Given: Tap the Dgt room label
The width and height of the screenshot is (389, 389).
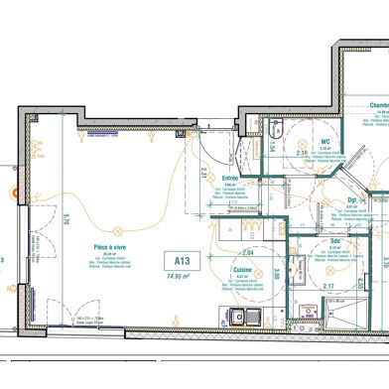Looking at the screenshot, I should [x=351, y=200].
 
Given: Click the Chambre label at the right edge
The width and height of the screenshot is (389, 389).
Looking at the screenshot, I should [x=377, y=105].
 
